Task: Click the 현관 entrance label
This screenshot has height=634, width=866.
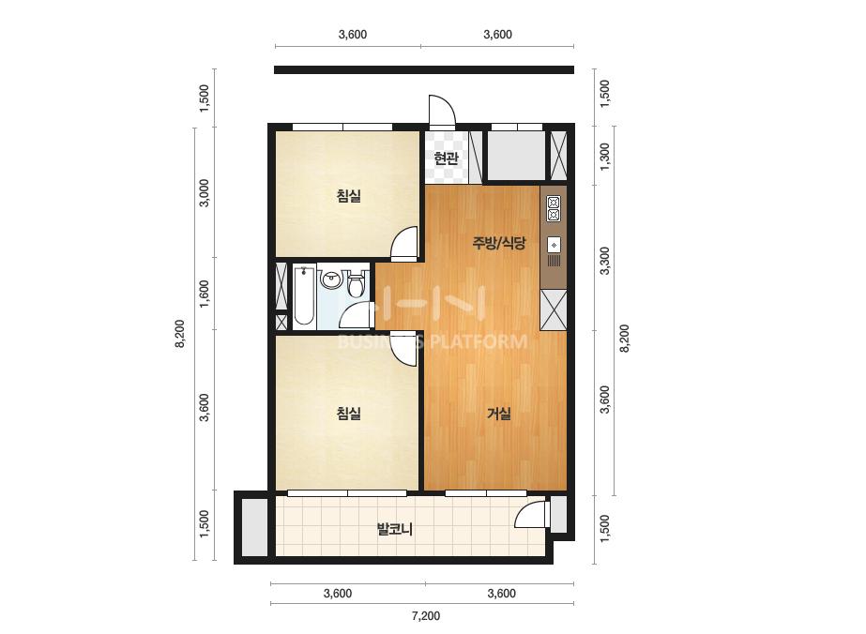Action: click(447, 159)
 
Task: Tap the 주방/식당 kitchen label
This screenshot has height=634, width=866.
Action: click(498, 243)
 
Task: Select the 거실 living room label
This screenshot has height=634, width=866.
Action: click(498, 414)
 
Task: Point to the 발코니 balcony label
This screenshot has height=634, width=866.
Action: click(395, 530)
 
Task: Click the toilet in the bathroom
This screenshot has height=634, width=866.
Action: click(357, 281)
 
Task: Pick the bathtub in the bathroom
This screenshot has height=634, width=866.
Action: click(304, 295)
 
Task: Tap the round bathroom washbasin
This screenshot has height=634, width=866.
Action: click(331, 279)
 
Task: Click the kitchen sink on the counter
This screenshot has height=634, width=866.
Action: click(554, 244)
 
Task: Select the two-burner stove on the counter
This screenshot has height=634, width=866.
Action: click(554, 208)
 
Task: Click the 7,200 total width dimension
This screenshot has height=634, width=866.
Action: click(426, 615)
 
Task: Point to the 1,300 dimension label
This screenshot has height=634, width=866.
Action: click(605, 157)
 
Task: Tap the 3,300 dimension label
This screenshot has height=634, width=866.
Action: click(605, 261)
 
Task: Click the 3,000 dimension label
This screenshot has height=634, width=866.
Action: click(204, 193)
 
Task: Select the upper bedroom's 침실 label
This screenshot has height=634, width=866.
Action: click(348, 195)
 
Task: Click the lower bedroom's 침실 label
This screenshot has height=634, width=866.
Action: click(348, 413)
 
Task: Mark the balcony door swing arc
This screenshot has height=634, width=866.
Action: click(523, 509)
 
